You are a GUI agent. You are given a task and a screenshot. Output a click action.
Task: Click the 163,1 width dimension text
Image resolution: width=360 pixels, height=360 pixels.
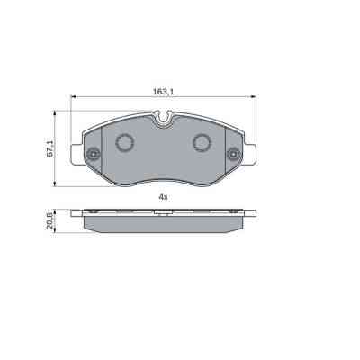click(x=163, y=91)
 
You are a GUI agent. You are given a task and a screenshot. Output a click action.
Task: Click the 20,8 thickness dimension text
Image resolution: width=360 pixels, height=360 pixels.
click(x=50, y=221)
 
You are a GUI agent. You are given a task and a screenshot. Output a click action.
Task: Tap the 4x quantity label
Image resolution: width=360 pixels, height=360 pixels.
click(x=163, y=196)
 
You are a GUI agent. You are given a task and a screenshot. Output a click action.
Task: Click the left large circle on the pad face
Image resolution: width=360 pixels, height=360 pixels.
click(x=124, y=141)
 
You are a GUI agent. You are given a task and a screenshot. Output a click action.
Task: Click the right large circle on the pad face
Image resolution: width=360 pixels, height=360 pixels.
click(x=202, y=141)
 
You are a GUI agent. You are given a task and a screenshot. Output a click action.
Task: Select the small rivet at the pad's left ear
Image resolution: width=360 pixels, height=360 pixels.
click(x=92, y=156)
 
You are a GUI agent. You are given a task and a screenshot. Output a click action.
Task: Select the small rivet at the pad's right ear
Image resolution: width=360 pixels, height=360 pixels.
click(x=234, y=156)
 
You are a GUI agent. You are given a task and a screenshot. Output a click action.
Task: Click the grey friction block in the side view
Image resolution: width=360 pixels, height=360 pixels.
click(x=163, y=225)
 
